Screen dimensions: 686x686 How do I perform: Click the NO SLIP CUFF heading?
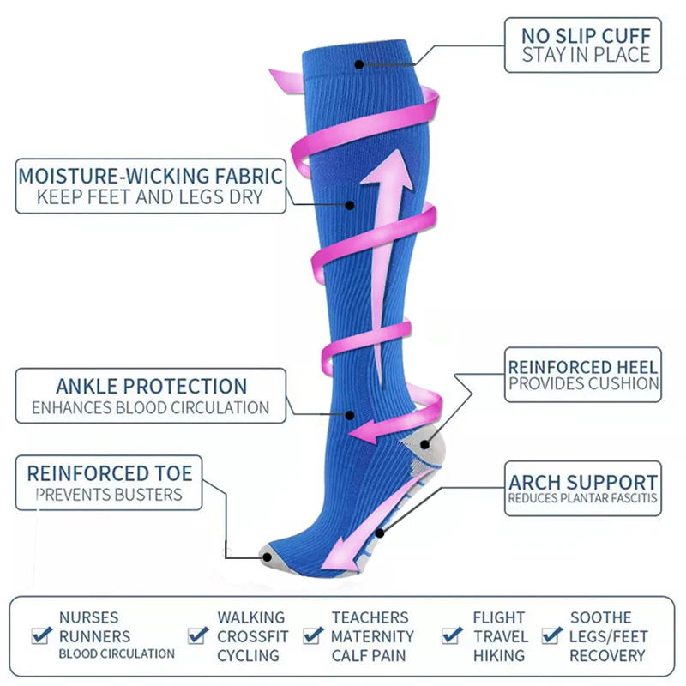[x=587, y=36]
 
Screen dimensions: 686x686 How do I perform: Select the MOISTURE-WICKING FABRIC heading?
[x=151, y=177]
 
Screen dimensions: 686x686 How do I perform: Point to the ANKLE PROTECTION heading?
[x=151, y=386]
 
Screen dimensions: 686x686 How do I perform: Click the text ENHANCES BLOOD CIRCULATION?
[x=151, y=408]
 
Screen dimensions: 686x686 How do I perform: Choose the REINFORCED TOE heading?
[x=110, y=473]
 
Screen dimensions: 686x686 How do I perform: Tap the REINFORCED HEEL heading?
[x=583, y=367]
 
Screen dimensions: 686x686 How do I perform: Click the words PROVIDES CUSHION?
[x=583, y=385]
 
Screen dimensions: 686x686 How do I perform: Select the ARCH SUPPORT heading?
[x=583, y=482]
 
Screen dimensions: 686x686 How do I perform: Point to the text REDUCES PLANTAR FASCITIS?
[x=583, y=498]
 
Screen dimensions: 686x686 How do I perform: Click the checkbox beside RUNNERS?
[x=41, y=635]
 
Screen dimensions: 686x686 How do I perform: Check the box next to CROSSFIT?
[x=199, y=635]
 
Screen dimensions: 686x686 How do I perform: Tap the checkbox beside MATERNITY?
[x=313, y=635]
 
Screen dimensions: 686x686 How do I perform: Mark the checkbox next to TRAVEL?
[x=453, y=635]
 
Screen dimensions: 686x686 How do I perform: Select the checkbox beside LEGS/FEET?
[x=552, y=635]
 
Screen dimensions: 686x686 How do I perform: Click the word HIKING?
[x=499, y=655]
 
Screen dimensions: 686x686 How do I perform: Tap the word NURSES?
[x=89, y=617]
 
